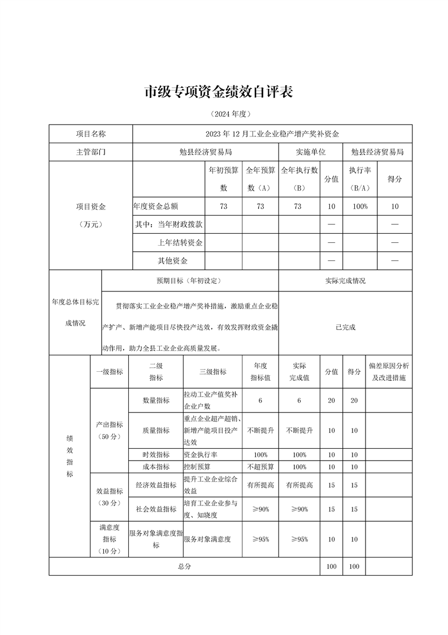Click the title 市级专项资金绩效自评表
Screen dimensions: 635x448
[220, 92]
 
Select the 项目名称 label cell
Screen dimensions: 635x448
[90, 134]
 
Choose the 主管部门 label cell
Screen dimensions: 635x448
[90, 152]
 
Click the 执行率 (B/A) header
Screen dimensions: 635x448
[359, 179]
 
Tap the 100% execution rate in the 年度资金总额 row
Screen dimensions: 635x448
[359, 207]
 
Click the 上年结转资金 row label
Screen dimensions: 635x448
[180, 243]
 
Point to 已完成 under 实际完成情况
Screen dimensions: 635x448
[345, 327]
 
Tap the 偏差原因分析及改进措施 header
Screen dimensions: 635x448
[389, 372]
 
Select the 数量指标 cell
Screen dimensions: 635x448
[156, 400]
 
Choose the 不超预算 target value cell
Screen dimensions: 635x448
[260, 467]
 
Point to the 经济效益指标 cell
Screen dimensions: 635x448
[156, 485]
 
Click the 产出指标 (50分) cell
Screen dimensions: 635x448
[110, 431]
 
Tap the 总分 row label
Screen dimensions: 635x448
[184, 566]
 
